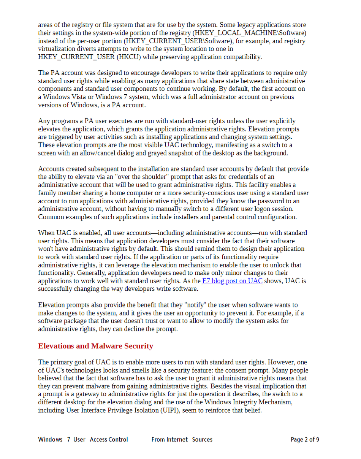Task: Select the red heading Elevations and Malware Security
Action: click(x=95, y=346)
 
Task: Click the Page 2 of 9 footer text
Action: click(x=305, y=440)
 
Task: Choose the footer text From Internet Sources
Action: click(x=182, y=440)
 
